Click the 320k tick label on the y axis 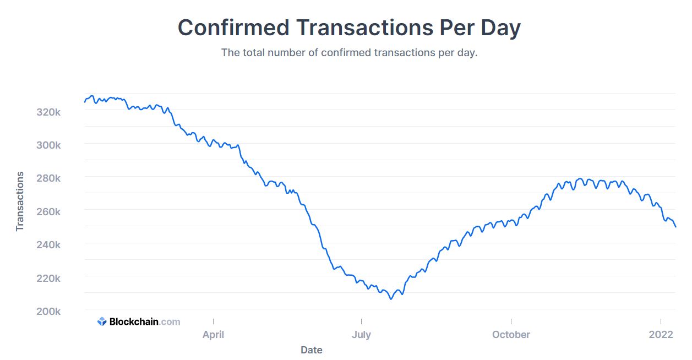48,112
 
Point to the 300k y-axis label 48,145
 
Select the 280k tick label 48,178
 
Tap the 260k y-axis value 48,211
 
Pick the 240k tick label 48,244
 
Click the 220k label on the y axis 48,278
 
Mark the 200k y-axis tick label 48,311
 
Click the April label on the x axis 213,334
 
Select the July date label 361,334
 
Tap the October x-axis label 511,334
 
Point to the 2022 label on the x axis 661,334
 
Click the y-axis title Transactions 20,201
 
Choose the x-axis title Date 312,350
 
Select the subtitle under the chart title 349,53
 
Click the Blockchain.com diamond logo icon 102,321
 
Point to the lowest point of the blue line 391,299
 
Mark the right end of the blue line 675,227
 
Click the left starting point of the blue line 85,102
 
